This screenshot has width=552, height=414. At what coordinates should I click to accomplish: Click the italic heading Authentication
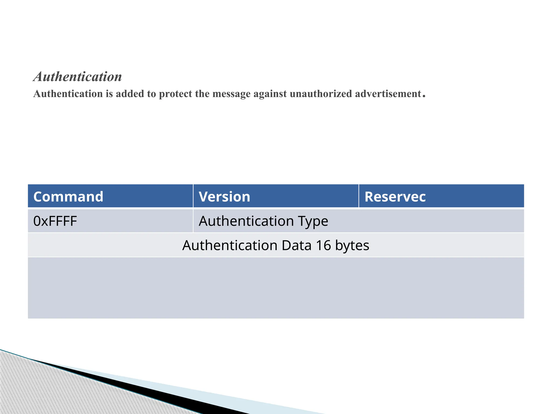pos(78,77)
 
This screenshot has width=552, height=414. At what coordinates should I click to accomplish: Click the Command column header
pos(68,196)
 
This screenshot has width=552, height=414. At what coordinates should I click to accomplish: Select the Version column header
pos(225,196)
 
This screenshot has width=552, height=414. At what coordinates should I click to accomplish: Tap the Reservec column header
pos(395,196)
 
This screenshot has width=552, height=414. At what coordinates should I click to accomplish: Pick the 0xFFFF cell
pos(55,221)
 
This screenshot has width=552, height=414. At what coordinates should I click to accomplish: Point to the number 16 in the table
pos(323,245)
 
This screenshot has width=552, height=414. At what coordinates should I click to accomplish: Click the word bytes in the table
pos(352,246)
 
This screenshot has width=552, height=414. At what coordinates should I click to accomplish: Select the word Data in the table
pos(296,245)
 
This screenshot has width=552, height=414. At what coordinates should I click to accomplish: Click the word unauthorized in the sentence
pos(321,94)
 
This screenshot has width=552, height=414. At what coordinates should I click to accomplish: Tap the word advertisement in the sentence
pos(388,94)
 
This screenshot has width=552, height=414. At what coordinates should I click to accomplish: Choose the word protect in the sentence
pos(175,94)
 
